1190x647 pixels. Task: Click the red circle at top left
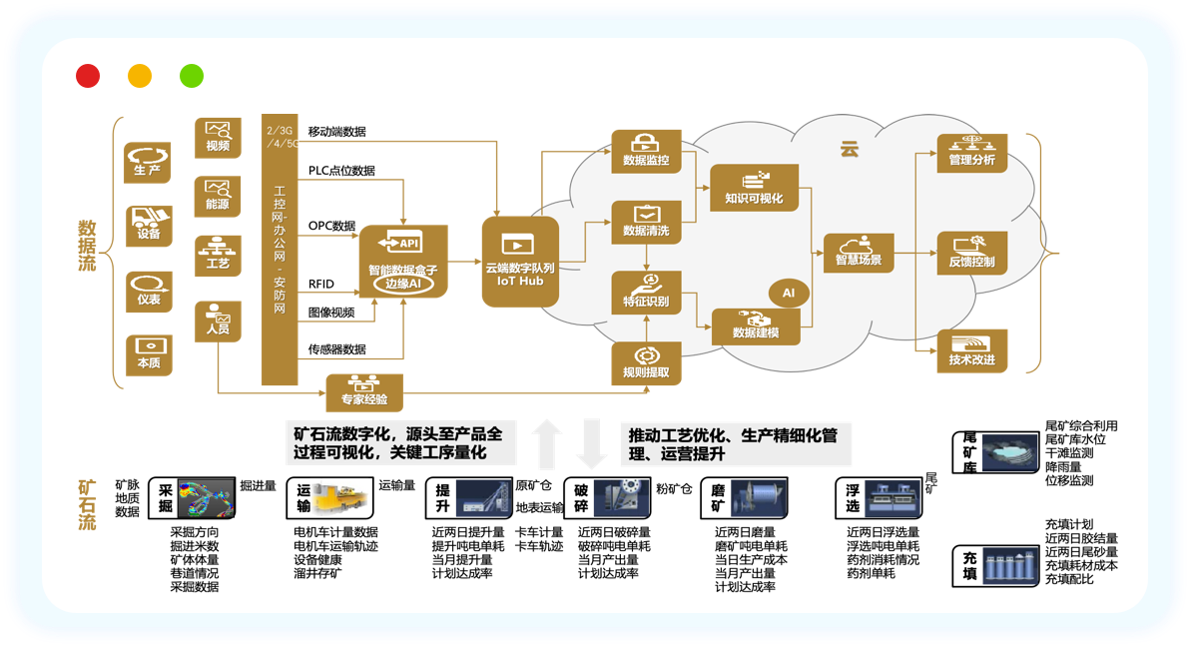pyautogui.click(x=88, y=76)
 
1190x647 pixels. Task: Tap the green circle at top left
pyautogui.click(x=191, y=76)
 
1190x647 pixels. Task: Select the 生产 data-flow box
pyautogui.click(x=148, y=163)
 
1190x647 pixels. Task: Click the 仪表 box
pyautogui.click(x=148, y=292)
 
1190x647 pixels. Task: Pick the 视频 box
pyautogui.click(x=218, y=137)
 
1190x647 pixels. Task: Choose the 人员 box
pyautogui.click(x=218, y=320)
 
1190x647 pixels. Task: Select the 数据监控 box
pyautogui.click(x=646, y=150)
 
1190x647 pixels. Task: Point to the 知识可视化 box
pyautogui.click(x=755, y=188)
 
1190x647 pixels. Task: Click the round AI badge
pyautogui.click(x=788, y=293)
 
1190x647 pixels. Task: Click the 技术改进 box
pyautogui.click(x=971, y=350)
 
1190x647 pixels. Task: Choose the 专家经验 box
pyautogui.click(x=363, y=392)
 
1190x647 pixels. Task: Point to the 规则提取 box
pyautogui.click(x=646, y=363)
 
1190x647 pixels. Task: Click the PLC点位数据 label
pyautogui.click(x=341, y=171)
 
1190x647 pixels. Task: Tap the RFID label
pyautogui.click(x=321, y=284)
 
